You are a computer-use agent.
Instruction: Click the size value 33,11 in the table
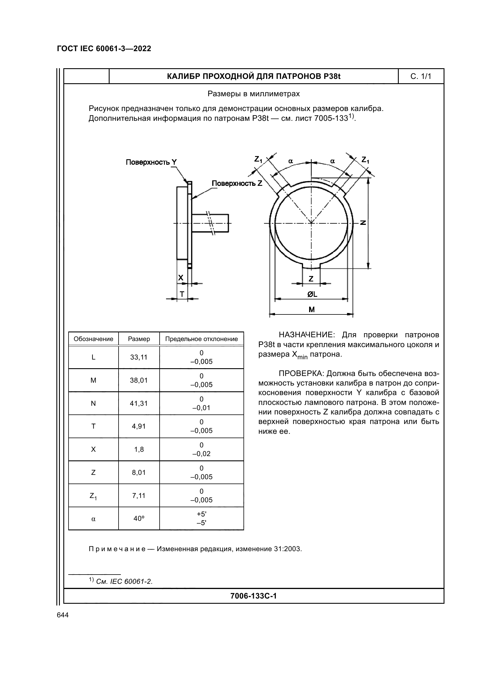click(x=139, y=357)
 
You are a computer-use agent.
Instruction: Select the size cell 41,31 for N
click(x=139, y=403)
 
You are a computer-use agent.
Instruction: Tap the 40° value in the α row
click(x=139, y=519)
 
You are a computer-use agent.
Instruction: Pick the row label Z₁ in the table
click(x=93, y=496)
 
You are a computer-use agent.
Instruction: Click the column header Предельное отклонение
click(x=202, y=339)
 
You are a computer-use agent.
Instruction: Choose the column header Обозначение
click(x=93, y=339)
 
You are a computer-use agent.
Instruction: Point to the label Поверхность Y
click(x=152, y=162)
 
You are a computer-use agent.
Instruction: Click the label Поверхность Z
click(x=237, y=184)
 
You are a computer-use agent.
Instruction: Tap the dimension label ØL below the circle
click(x=312, y=294)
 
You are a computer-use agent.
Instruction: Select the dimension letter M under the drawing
click(x=312, y=310)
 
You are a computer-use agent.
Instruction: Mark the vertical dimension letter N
click(x=363, y=223)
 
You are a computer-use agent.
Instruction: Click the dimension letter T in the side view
click(x=182, y=294)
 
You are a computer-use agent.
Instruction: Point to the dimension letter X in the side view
click(x=181, y=278)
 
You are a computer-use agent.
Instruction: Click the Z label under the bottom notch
click(x=311, y=279)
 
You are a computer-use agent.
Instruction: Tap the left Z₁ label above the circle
click(x=258, y=160)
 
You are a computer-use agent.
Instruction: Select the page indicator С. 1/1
click(x=420, y=77)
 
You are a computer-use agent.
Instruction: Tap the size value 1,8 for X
click(x=139, y=450)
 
